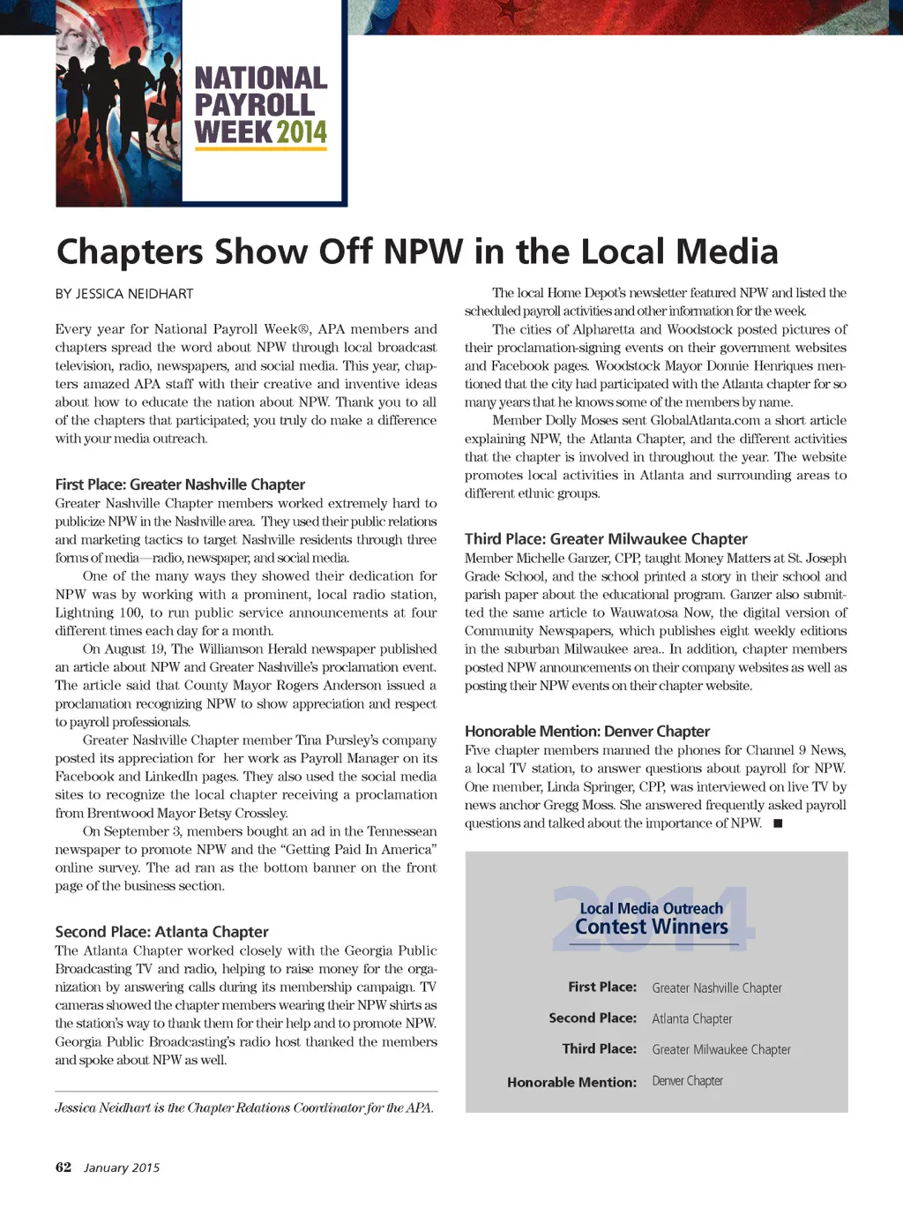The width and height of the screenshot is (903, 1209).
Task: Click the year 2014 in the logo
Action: click(x=302, y=132)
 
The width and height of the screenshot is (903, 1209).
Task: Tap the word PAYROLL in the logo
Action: click(x=254, y=105)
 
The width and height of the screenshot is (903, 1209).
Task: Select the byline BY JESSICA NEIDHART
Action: click(x=124, y=294)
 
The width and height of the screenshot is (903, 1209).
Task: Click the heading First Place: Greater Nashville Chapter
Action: click(x=180, y=484)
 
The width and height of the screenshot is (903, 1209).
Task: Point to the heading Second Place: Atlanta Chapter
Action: click(x=161, y=932)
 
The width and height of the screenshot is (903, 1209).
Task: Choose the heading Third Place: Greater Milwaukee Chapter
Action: click(x=606, y=539)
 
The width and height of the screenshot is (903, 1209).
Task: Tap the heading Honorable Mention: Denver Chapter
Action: click(x=587, y=732)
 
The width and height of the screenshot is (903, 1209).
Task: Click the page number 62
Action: click(x=63, y=1168)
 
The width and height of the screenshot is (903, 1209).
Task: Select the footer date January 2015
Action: click(x=122, y=1168)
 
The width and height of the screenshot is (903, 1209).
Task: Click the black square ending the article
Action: click(x=778, y=823)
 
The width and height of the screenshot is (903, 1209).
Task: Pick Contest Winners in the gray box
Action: click(x=652, y=927)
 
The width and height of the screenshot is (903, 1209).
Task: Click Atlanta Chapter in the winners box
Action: click(x=692, y=1018)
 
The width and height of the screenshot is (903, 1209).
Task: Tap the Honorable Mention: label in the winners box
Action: click(x=571, y=1082)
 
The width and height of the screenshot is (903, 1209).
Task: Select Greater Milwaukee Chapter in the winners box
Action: click(x=721, y=1049)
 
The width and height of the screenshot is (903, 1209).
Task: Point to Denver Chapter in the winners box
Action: click(x=688, y=1081)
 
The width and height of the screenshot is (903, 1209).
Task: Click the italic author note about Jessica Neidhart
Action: click(x=244, y=1108)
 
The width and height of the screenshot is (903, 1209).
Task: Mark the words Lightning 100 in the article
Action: click(x=98, y=613)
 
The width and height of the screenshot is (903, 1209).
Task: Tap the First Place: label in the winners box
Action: click(x=602, y=987)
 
